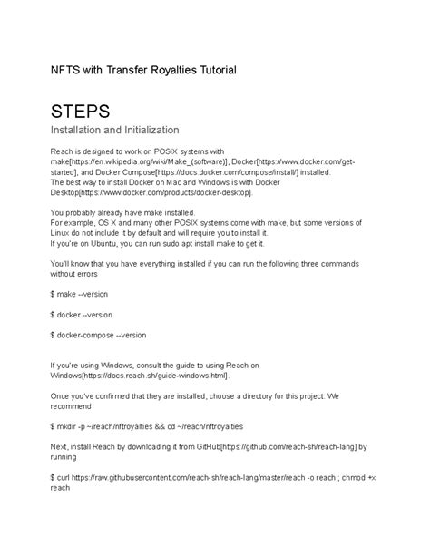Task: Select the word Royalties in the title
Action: pos(161,70)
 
